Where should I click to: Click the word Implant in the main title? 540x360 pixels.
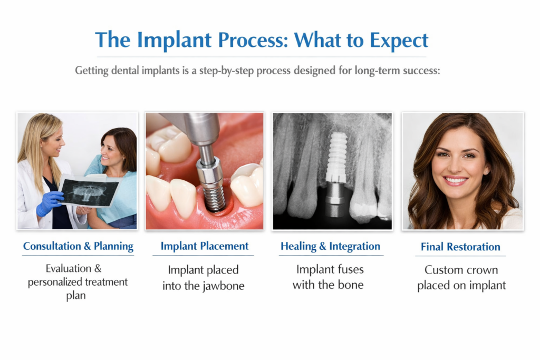click(174, 41)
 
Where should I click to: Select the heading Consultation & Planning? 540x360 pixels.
click(78, 247)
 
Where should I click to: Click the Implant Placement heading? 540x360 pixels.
click(205, 246)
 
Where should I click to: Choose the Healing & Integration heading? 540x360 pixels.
click(330, 247)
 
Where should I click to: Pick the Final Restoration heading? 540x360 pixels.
click(460, 247)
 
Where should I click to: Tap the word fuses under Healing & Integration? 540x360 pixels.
click(348, 269)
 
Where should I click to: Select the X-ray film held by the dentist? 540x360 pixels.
click(90, 191)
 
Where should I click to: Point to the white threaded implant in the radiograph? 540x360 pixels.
click(336, 157)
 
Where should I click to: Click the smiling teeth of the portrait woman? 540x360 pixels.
click(455, 180)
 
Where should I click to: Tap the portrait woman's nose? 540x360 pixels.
click(454, 165)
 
